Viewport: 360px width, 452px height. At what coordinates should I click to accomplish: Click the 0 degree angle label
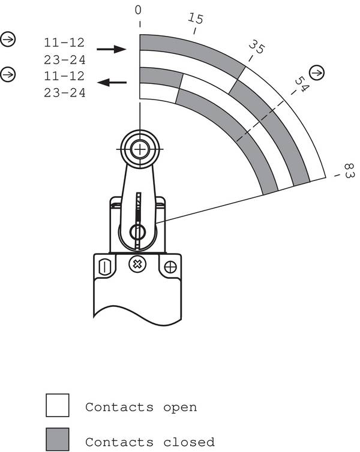click(138, 10)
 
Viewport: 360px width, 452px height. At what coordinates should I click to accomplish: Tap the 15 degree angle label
click(196, 18)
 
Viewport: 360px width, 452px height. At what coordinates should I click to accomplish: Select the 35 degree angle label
click(256, 46)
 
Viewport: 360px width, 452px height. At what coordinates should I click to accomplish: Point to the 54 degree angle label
click(302, 84)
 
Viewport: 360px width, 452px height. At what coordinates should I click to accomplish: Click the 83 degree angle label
click(349, 171)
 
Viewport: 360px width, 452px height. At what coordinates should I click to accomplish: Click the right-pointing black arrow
click(112, 49)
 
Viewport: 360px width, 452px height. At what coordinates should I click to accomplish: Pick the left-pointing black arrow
click(112, 83)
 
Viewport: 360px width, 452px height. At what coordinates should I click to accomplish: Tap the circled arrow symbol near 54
click(317, 73)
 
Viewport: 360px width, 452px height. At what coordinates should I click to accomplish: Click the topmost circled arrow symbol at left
click(8, 39)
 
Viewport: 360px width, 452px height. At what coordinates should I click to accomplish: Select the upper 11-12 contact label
click(64, 43)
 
